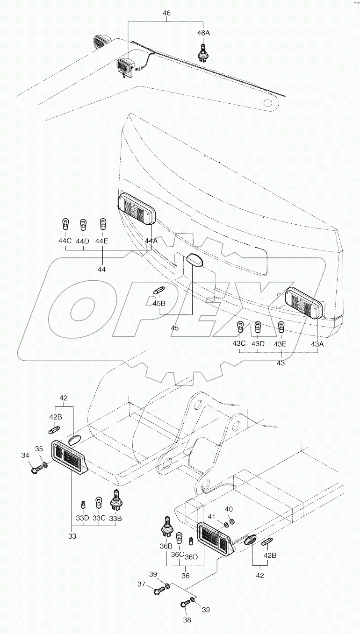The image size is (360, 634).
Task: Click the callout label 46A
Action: pyautogui.click(x=203, y=33)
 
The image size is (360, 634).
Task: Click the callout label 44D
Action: pyautogui.click(x=83, y=241)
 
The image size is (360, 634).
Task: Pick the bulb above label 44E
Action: pyautogui.click(x=101, y=225)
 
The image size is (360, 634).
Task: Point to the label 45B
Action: pyautogui.click(x=159, y=303)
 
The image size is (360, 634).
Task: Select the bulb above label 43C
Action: pyautogui.click(x=240, y=328)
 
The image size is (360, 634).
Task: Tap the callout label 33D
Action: pyautogui.click(x=83, y=518)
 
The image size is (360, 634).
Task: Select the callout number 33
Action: pyautogui.click(x=72, y=537)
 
